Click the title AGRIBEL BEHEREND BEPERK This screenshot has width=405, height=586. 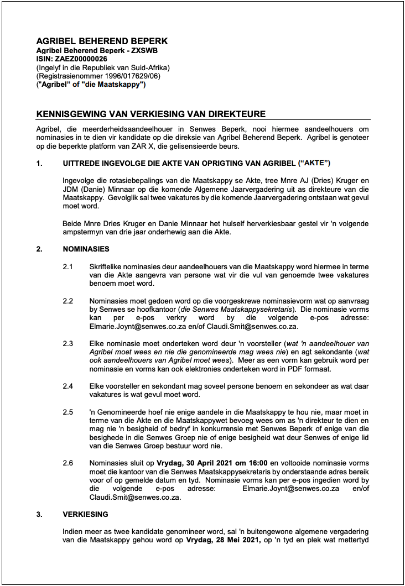click(102, 41)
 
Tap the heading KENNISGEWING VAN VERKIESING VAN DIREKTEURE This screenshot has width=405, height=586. click(150, 114)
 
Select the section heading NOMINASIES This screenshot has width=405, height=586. click(86, 249)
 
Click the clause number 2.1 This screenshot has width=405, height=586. click(67, 267)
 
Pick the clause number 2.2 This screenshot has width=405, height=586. click(67, 301)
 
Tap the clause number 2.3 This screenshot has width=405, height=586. click(67, 343)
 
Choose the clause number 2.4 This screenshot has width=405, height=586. click(67, 386)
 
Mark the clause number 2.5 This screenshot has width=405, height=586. click(67, 412)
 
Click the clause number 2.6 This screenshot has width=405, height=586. click(67, 463)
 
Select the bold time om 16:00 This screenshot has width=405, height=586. click(253, 463)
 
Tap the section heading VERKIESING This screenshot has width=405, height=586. click(85, 514)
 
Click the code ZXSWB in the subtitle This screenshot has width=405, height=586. click(126, 50)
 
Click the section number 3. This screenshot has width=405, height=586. click(39, 514)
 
